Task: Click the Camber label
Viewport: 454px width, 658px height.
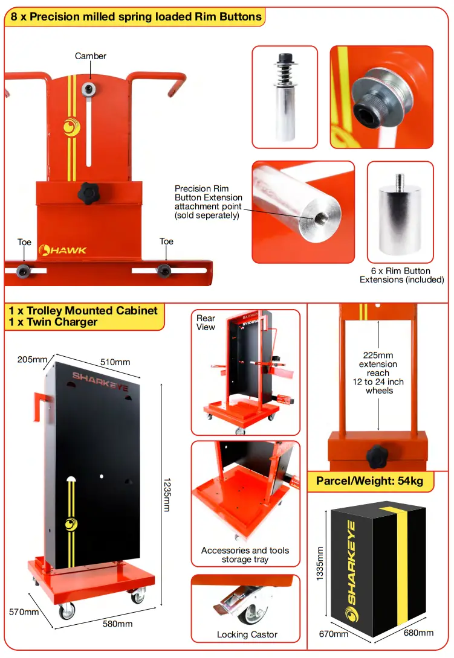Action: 91,56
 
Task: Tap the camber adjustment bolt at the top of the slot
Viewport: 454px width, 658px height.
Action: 90,89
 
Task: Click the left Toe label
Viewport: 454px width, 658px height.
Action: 24,242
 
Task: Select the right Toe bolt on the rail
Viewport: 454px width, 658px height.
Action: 163,270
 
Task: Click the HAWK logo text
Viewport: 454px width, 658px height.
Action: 63,250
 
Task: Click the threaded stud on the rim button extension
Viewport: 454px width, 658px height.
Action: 400,179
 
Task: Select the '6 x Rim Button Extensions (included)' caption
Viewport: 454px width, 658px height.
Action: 401,275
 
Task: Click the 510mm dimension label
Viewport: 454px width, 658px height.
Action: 114,362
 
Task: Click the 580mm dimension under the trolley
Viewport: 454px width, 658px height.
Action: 117,624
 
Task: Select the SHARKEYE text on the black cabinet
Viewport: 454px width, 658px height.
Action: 100,382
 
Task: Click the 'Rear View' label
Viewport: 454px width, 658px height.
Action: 206,322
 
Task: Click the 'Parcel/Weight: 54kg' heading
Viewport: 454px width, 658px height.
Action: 374,481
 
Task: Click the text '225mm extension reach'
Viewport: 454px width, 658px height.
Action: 378,364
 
